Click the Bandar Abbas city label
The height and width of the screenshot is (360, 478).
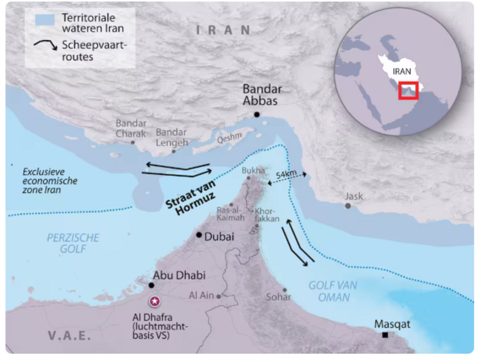click(260, 94)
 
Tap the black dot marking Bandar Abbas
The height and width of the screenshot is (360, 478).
click(257, 115)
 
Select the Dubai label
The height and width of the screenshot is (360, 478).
click(219, 236)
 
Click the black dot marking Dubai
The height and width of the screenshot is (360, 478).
click(199, 235)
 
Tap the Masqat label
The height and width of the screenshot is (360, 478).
click(392, 323)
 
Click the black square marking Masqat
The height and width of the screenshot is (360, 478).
click(385, 335)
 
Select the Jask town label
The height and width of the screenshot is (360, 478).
click(354, 196)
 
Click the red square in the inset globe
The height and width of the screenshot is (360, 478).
click(408, 90)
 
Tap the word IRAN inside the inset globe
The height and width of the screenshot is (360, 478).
click(401, 71)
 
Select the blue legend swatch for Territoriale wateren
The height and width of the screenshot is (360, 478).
click(44, 20)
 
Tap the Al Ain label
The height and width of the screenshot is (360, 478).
click(201, 296)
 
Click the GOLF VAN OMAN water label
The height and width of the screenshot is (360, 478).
click(333, 291)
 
